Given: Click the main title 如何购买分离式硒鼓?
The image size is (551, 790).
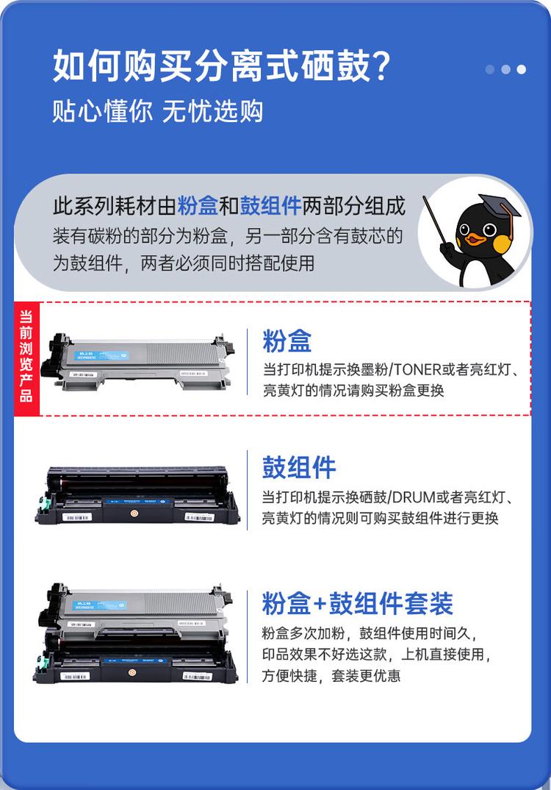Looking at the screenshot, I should [x=220, y=67].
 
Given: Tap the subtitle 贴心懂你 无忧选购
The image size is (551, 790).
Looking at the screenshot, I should [x=157, y=111].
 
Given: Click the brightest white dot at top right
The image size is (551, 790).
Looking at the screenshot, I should [x=521, y=69].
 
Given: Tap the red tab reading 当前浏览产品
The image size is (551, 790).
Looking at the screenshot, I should [x=26, y=359].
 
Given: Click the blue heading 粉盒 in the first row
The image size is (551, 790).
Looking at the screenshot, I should [x=287, y=341].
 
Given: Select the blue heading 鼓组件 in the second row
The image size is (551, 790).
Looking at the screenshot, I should [x=299, y=467].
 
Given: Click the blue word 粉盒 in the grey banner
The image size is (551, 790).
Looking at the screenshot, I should [x=198, y=206].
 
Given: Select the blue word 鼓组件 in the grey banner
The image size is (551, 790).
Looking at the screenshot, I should [x=270, y=206].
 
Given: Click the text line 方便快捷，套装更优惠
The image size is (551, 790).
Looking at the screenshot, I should [x=331, y=675].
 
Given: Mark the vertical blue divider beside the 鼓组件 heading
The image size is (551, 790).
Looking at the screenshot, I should [x=248, y=488].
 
